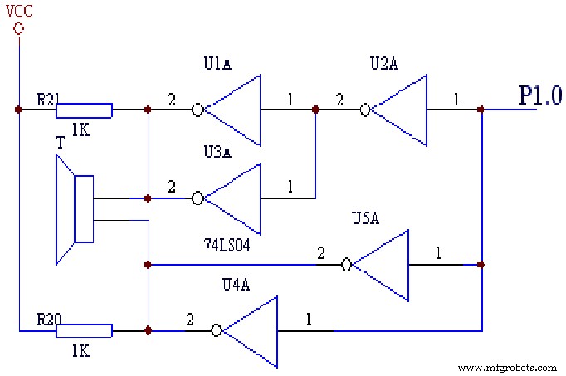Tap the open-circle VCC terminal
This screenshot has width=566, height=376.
coord(18,28)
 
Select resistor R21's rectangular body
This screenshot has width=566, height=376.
coord(84,110)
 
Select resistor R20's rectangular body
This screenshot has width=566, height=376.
coord(84,330)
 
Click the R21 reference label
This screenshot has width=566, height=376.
coord(47,98)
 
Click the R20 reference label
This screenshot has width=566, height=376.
coord(46,319)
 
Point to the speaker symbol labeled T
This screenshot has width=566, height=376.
coord(76,211)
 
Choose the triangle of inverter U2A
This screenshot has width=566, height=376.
coord(399,110)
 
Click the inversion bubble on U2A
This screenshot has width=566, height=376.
coord(364,110)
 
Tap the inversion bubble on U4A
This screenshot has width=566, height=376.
coord(217,330)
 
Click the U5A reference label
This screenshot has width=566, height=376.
coord(367,220)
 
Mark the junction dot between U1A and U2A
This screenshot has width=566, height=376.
coord(315,110)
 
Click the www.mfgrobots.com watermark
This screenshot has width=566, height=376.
coord(507,367)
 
